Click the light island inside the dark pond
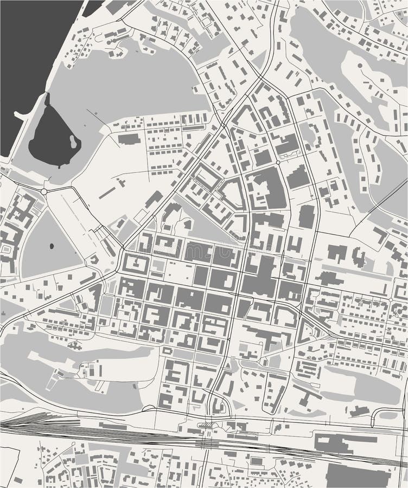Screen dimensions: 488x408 coord(73,142)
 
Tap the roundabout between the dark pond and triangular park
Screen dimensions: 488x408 coord(44,191)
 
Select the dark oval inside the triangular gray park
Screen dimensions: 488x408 coord(52,247)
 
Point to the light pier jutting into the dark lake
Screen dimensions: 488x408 coord(22,115)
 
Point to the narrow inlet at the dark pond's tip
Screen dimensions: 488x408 coord(47,100)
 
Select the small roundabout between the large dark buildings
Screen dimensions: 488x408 coord(278,162)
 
